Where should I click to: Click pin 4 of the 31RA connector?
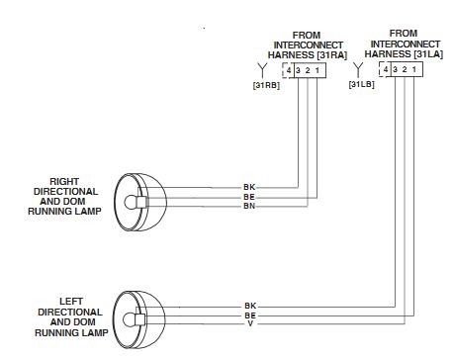point(289,70)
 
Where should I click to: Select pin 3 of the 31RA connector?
point(298,70)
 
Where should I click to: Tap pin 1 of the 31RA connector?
point(317,70)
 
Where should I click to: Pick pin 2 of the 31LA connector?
point(405,69)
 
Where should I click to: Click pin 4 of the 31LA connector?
point(386,69)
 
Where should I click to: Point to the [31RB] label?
point(266,85)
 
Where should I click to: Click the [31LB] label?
point(362,84)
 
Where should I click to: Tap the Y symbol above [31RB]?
point(262,70)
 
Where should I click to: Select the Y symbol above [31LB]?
point(358,69)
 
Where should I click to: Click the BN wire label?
point(249,207)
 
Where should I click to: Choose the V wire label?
point(250,323)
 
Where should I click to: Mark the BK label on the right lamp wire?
point(249,187)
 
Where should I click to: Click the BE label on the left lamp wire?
point(250,315)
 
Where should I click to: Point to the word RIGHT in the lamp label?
point(64,182)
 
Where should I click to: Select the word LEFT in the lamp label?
point(71,302)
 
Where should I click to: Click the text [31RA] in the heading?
point(332,55)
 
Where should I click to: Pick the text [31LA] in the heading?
point(428,53)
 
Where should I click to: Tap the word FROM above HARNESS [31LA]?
point(404,34)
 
